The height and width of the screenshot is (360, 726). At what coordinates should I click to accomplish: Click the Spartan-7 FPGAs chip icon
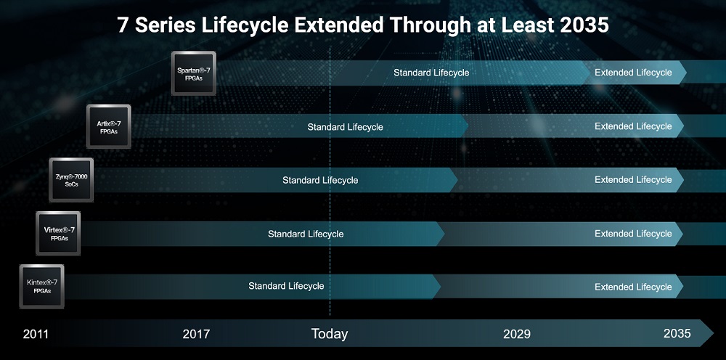tap(194, 73)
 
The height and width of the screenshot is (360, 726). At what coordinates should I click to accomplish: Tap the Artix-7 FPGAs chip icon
tap(108, 126)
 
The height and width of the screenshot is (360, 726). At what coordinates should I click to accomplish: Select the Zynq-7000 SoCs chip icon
tap(71, 180)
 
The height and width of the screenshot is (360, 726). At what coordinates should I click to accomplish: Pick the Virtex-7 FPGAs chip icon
tap(58, 233)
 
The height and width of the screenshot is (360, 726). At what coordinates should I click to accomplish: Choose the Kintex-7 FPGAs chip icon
tap(41, 287)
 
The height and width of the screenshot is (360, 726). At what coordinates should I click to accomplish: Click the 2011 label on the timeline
tap(36, 334)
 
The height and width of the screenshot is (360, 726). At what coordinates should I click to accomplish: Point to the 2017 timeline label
tap(196, 334)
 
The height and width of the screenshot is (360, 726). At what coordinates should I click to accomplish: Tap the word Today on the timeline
tap(329, 334)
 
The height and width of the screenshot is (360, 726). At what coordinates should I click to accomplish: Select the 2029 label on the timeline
tap(517, 334)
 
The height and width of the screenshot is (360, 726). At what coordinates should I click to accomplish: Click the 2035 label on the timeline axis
tap(677, 333)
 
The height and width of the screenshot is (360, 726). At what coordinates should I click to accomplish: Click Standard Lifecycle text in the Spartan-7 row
tap(431, 73)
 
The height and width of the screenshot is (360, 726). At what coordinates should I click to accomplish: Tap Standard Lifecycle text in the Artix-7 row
tap(346, 127)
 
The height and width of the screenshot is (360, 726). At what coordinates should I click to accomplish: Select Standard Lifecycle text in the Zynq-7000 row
tap(320, 180)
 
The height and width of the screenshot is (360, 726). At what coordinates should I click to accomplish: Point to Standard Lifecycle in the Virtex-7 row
tap(306, 234)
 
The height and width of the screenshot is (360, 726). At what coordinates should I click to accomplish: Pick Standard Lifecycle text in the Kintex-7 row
tap(286, 286)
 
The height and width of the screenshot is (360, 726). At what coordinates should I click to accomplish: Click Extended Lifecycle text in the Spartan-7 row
tap(633, 72)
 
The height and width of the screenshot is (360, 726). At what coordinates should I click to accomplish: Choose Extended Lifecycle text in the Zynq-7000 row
tap(633, 179)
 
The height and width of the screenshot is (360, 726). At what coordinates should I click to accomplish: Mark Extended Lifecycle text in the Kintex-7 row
tap(633, 287)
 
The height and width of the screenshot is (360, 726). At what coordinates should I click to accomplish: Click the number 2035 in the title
tap(584, 25)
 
